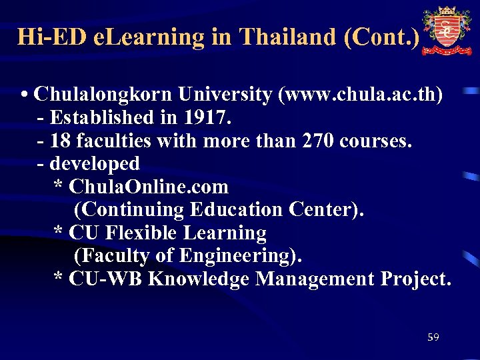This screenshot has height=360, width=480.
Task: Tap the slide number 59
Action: (x=433, y=338)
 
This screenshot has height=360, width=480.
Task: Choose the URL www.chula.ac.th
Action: (x=360, y=95)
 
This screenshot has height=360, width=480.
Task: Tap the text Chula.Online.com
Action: (x=149, y=187)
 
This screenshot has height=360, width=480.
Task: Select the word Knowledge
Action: (x=199, y=279)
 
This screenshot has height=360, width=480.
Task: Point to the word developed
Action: (x=95, y=163)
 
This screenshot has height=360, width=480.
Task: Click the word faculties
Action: (x=114, y=141)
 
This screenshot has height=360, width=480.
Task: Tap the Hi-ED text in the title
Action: (x=52, y=36)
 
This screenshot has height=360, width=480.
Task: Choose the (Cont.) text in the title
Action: (x=382, y=36)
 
